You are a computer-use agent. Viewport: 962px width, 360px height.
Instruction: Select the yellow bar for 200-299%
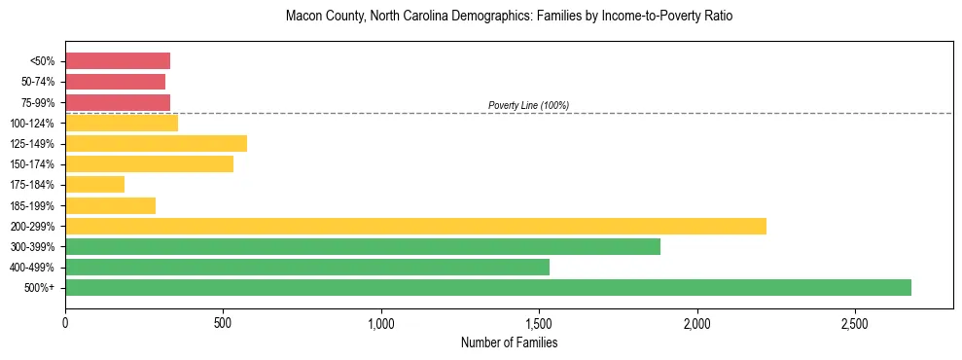(415, 226)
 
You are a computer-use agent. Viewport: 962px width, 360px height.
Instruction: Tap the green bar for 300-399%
(363, 246)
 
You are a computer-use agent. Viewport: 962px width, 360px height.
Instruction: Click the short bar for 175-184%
(95, 184)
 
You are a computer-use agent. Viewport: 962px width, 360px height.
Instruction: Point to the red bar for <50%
(118, 60)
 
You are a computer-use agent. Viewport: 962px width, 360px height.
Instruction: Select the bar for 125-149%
(156, 143)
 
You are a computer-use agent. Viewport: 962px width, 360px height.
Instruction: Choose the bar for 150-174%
(149, 163)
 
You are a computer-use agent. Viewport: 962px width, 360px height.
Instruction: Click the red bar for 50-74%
(115, 82)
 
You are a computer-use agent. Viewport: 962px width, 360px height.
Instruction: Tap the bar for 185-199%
(110, 205)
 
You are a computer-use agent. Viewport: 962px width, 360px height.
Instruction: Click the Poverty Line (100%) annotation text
(528, 105)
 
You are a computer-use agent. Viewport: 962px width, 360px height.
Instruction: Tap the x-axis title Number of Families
(509, 342)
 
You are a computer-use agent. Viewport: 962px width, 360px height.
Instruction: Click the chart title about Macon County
(509, 17)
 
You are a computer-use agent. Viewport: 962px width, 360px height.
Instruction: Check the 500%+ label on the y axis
(41, 288)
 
